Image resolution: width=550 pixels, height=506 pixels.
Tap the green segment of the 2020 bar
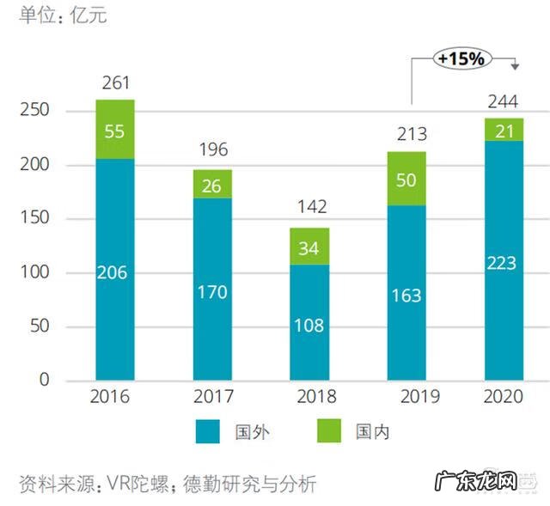pyautogui.click(x=504, y=130)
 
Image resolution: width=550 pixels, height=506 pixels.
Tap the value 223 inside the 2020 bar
pyautogui.click(x=504, y=262)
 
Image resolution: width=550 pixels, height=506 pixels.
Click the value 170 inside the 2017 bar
pyautogui.click(x=212, y=292)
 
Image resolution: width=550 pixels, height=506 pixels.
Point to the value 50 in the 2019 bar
pyautogui.click(x=406, y=180)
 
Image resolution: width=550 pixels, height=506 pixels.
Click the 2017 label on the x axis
pyautogui.click(x=212, y=397)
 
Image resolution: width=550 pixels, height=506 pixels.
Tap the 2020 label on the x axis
pyautogui.click(x=504, y=397)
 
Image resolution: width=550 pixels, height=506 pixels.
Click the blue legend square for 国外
pyautogui.click(x=208, y=431)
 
